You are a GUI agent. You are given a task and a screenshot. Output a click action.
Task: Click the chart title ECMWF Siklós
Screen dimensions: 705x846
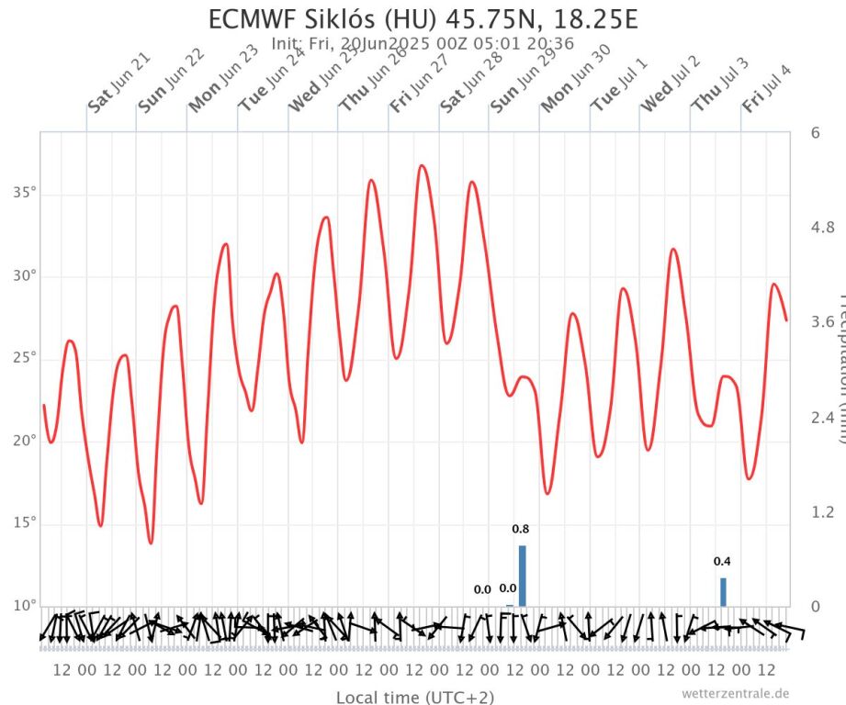click(423, 20)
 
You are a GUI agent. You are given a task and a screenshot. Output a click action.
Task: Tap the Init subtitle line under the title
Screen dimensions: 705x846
click(423, 43)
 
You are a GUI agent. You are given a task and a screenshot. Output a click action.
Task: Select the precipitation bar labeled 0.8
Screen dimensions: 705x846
click(522, 576)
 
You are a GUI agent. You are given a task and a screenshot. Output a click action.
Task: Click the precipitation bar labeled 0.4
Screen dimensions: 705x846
click(723, 591)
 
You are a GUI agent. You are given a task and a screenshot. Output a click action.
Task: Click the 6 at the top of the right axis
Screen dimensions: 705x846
click(815, 132)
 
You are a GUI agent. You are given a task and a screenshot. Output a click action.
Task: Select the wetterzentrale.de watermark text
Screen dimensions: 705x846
click(735, 693)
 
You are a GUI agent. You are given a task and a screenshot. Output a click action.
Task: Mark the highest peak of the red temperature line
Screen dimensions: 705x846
click(422, 165)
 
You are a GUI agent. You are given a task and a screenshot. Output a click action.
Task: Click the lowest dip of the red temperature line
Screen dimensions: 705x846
click(151, 543)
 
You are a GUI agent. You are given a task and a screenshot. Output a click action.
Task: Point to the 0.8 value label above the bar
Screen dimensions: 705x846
click(520, 529)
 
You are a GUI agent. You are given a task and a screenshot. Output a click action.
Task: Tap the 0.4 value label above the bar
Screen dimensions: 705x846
click(722, 561)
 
